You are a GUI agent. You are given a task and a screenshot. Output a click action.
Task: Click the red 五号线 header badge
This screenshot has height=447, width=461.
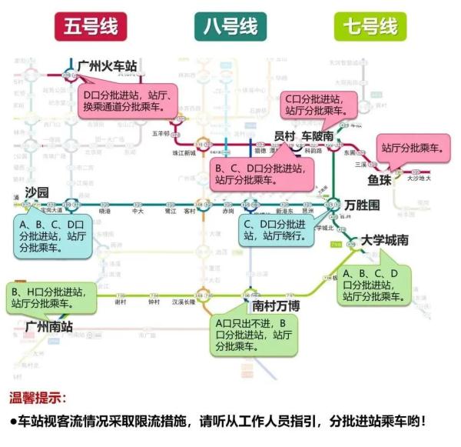click(91, 26)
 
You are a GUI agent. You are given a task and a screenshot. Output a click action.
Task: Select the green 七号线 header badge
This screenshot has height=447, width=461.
click(369, 26)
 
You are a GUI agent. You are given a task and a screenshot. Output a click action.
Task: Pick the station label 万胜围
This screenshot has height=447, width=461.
click(363, 205)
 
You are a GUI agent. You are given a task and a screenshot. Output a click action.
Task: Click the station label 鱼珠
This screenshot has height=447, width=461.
click(380, 179)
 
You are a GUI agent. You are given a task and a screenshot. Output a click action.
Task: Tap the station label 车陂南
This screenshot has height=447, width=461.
click(317, 135)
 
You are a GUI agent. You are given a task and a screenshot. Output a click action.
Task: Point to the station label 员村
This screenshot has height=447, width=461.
click(284, 135)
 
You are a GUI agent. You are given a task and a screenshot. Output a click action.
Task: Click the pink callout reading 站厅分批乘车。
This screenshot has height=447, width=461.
click(413, 148)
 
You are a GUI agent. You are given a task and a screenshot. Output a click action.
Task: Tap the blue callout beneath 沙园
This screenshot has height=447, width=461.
click(51, 236)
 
